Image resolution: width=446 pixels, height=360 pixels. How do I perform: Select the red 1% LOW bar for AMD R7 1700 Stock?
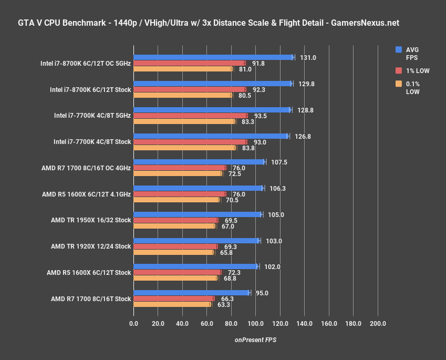coord(173,299)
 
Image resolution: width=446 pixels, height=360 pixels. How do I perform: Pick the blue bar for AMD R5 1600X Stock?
coord(195,266)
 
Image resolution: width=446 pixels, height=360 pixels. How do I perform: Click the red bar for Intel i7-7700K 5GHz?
coord(190,116)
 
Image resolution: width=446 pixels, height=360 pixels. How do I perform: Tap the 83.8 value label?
coord(248,148)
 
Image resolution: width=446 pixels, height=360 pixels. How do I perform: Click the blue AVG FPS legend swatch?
coord(399,49)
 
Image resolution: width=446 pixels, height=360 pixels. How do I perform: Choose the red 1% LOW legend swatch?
coord(399,70)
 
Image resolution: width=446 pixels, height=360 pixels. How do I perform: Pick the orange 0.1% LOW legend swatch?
coord(399,84)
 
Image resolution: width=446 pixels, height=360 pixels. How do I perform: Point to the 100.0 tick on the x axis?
coord(255,323)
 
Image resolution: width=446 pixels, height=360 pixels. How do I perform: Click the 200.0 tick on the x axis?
coord(378,323)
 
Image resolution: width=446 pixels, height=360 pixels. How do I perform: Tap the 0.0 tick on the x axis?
coord(133,323)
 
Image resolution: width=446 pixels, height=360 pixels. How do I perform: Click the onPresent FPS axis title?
coord(255,340)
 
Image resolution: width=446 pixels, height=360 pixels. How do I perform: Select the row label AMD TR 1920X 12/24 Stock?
coord(91,246)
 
